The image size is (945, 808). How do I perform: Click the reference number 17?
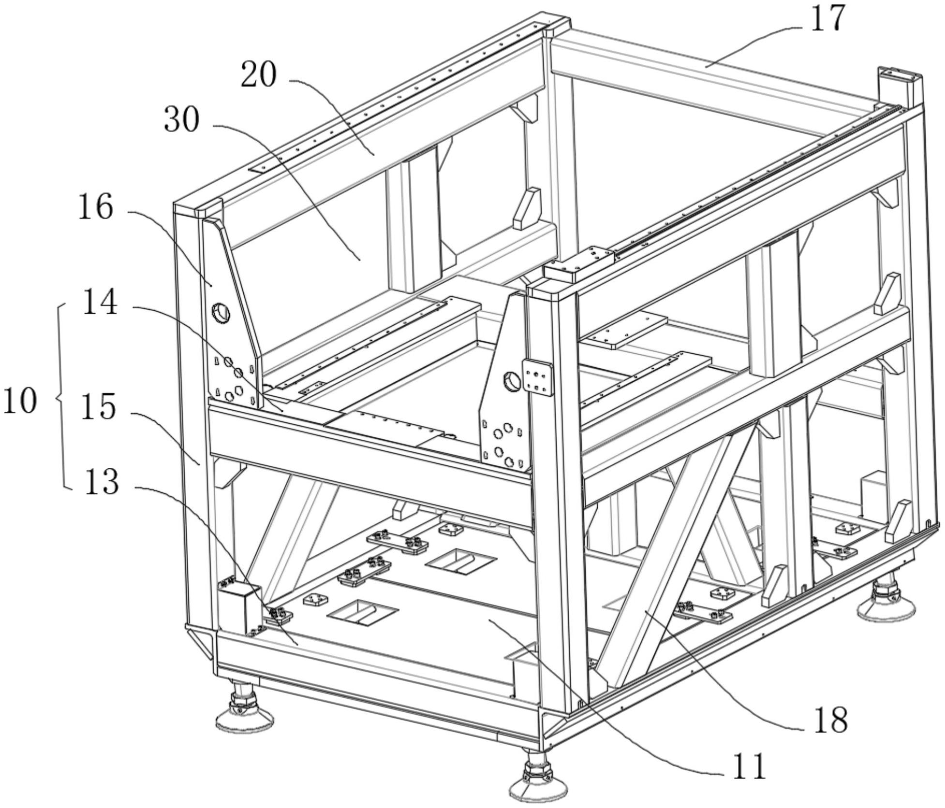tap(828, 19)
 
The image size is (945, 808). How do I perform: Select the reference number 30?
tap(181, 120)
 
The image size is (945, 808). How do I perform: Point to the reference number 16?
tap(96, 207)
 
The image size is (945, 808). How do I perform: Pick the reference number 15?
tap(98, 407)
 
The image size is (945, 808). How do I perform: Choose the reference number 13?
tap(102, 482)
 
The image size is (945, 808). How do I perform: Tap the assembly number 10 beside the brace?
tap(20, 401)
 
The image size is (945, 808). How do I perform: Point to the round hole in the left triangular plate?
tap(220, 313)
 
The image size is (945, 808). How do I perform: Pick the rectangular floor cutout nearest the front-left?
tap(363, 612)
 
